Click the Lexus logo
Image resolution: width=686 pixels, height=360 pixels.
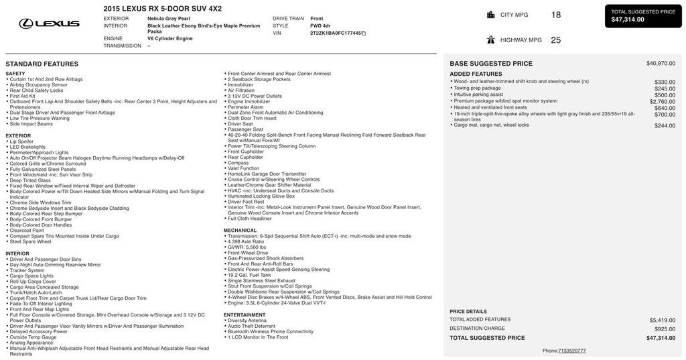(49, 23)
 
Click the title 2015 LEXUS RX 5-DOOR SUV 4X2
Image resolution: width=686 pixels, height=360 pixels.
(162, 9)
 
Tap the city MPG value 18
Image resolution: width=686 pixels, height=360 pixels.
(556, 15)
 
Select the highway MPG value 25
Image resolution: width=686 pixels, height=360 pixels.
(556, 40)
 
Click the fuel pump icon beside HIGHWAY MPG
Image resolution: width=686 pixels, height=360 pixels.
(491, 40)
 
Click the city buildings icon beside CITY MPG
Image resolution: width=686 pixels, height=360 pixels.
(491, 15)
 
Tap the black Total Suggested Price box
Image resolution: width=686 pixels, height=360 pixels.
(643, 16)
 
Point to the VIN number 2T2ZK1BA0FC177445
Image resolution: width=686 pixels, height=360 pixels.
(335, 33)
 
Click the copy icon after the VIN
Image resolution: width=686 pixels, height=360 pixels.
(364, 33)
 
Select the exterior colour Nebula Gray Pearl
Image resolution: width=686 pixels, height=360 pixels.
(169, 19)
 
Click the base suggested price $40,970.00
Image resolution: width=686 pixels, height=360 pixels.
(661, 64)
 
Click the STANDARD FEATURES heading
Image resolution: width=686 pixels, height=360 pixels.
(42, 64)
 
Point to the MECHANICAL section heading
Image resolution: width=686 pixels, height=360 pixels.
(240, 231)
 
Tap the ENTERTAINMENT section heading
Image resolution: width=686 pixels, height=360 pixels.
(245, 315)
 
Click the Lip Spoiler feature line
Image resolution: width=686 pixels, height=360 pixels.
(21, 141)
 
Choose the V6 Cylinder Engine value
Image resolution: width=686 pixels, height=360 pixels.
(170, 39)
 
